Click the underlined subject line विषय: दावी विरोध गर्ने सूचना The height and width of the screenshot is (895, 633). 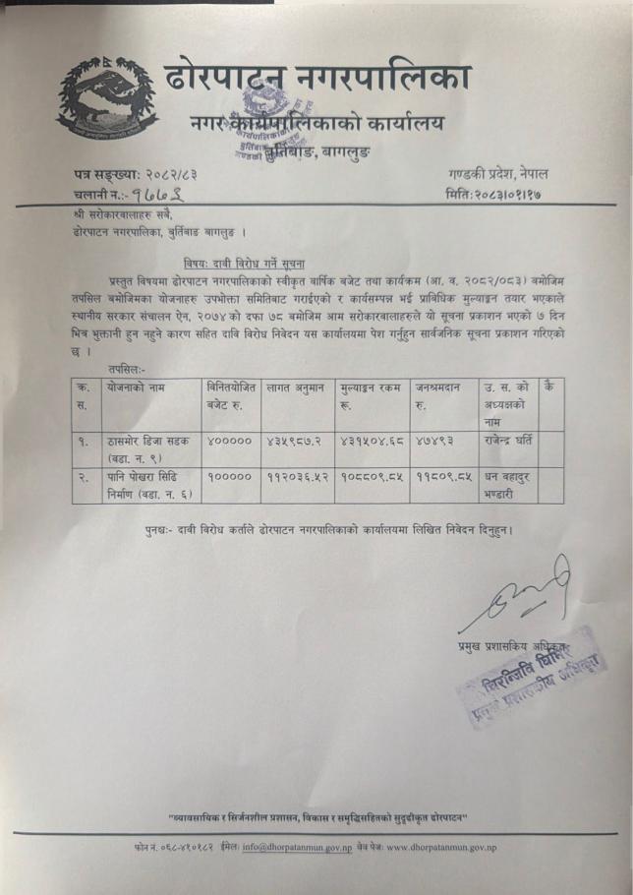point(245,262)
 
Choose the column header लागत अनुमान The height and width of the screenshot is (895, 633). point(296,388)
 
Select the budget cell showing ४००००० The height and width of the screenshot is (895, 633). point(229,439)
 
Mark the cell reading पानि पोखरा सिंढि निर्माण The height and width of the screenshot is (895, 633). point(150,485)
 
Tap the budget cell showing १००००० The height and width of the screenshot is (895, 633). point(229,476)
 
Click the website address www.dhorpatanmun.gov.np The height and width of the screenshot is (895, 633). point(442,847)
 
